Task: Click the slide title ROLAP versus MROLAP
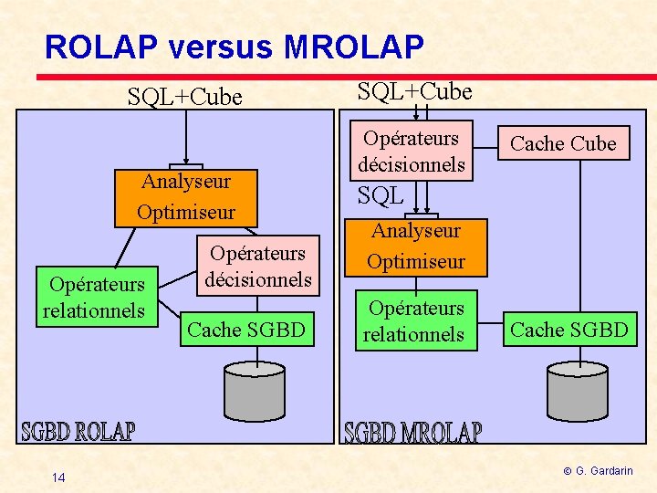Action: [234, 47]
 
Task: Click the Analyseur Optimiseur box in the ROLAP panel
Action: [185, 197]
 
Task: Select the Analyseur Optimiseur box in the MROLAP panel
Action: [415, 246]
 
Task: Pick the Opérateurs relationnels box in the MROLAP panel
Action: [414, 321]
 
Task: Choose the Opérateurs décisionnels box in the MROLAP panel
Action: [412, 152]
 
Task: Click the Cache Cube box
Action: [563, 143]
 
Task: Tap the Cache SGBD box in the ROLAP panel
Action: [245, 330]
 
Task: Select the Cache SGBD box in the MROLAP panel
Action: [569, 330]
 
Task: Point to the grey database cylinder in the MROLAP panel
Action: [581, 391]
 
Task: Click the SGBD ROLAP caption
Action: [78, 431]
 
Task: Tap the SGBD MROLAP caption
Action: [412, 433]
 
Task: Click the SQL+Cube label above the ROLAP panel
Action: [185, 96]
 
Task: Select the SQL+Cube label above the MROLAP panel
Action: [414, 91]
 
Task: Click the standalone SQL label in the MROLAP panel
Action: [381, 195]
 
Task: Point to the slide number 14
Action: [58, 477]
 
